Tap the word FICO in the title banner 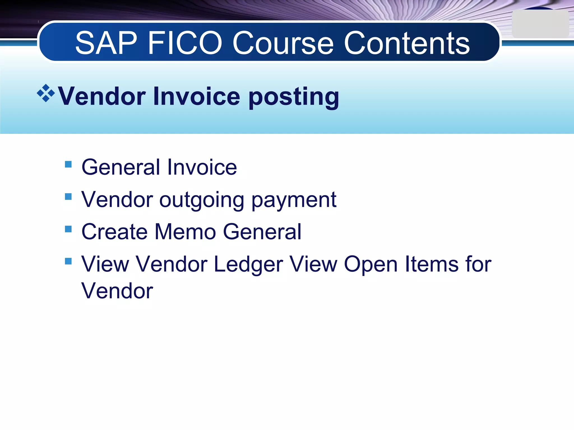185,43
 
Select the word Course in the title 283,43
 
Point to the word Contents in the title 407,43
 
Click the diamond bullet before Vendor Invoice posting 46,93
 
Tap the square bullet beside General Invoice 68,164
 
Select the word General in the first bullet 121,167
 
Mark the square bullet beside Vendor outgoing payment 68,197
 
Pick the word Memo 185,232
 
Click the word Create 114,232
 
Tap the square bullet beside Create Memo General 68,229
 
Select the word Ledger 248,265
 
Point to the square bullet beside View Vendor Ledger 68,261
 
